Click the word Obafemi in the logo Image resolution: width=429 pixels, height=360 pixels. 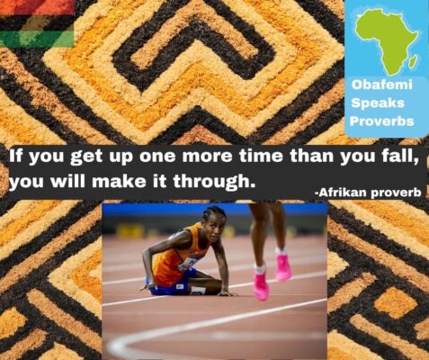point(382,85)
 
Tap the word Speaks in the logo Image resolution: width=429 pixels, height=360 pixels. point(378,103)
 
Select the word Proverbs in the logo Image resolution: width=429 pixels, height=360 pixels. point(382,121)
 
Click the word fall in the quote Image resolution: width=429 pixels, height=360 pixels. point(401,157)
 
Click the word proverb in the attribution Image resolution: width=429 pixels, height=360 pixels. point(396,193)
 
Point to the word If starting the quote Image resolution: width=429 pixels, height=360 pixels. point(17,156)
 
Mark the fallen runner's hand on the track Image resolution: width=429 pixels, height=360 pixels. point(228,293)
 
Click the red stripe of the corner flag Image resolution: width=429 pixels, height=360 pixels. point(37,7)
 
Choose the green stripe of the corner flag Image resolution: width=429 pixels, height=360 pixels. point(37,40)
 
